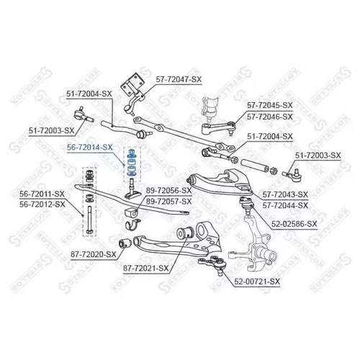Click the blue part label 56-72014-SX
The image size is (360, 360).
pyautogui.click(x=90, y=148)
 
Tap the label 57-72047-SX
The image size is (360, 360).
pyautogui.click(x=179, y=79)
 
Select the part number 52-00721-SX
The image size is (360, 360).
pyautogui.click(x=257, y=282)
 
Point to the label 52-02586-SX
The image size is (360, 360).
pyautogui.click(x=294, y=224)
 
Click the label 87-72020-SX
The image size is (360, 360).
pyautogui.click(x=94, y=254)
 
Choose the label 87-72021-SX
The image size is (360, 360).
pyautogui.click(x=146, y=269)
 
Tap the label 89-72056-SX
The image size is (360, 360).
pyautogui.click(x=169, y=191)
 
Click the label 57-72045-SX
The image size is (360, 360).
pyautogui.click(x=270, y=105)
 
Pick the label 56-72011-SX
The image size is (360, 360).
pyautogui.click(x=42, y=194)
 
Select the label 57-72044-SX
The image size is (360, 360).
pyautogui.click(x=285, y=205)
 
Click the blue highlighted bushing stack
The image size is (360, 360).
pyautogui.click(x=132, y=164)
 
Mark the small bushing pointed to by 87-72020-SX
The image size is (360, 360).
pyautogui.click(x=125, y=243)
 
